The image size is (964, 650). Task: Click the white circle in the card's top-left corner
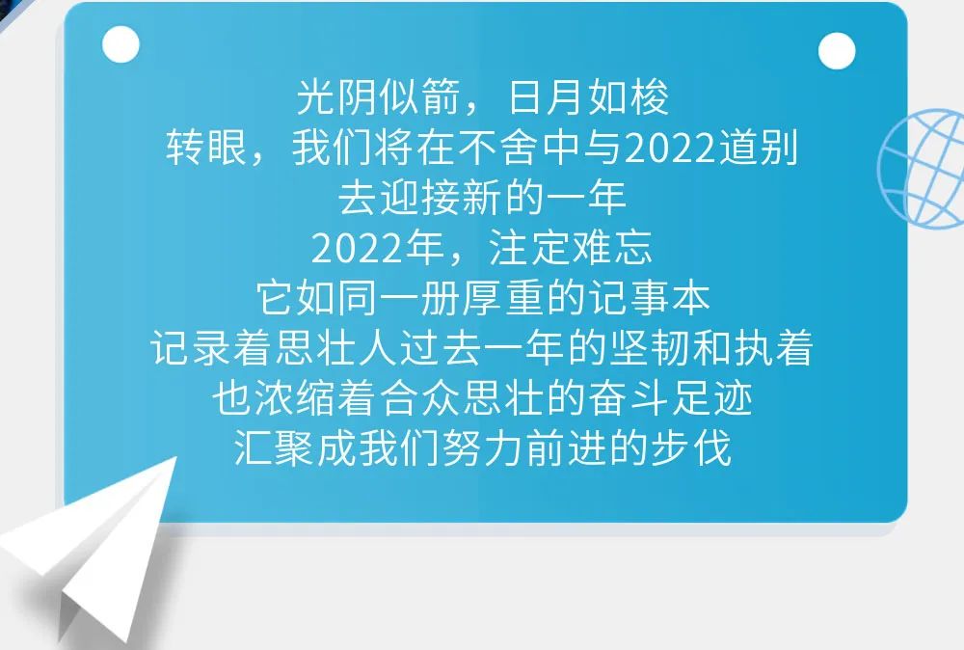coord(121,44)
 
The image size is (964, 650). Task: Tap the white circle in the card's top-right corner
coord(837,51)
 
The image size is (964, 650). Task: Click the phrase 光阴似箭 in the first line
coord(379,97)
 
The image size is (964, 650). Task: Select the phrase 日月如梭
coord(588,97)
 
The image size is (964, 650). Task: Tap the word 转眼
coord(206,149)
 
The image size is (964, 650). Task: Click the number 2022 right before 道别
coord(670,149)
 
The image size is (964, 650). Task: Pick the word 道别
coord(758,149)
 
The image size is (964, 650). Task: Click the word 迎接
coord(420,199)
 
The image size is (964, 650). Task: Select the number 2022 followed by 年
coord(358,250)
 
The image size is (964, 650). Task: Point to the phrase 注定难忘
coord(570,249)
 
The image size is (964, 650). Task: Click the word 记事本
coord(649,299)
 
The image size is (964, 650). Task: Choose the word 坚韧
coord(650,349)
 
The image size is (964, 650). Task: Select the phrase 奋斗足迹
coord(671,399)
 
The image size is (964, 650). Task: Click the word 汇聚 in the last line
coord(275,448)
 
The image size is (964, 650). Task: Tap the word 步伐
coord(691,448)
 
